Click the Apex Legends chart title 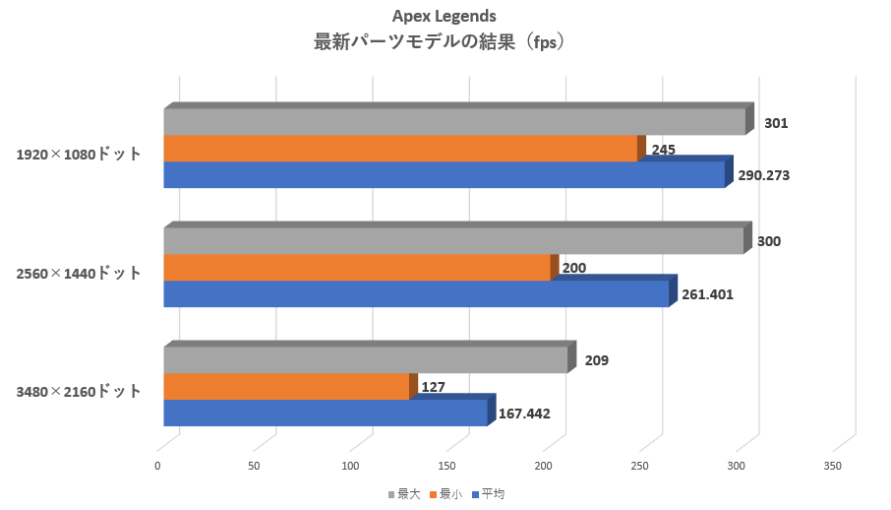pyautogui.click(x=445, y=16)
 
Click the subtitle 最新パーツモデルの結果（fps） pyautogui.click(x=445, y=42)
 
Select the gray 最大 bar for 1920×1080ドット pyautogui.click(x=454, y=122)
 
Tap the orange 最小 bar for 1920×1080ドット pyautogui.click(x=399, y=149)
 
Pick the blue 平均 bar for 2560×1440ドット pyautogui.click(x=415, y=294)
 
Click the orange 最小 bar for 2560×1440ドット pyautogui.click(x=356, y=268)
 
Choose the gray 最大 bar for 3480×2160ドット pyautogui.click(x=365, y=360)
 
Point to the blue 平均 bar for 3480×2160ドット pyautogui.click(x=325, y=413)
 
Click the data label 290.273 pyautogui.click(x=764, y=175)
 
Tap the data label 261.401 pyautogui.click(x=707, y=293)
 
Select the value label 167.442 pyautogui.click(x=524, y=414)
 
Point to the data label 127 pyautogui.click(x=433, y=387)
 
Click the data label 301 pyautogui.click(x=776, y=123)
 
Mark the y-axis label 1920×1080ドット pyautogui.click(x=79, y=155)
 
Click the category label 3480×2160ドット pyautogui.click(x=79, y=392)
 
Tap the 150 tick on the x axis pyautogui.click(x=447, y=465)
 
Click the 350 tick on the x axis pyautogui.click(x=833, y=465)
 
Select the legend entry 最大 pyautogui.click(x=404, y=494)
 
